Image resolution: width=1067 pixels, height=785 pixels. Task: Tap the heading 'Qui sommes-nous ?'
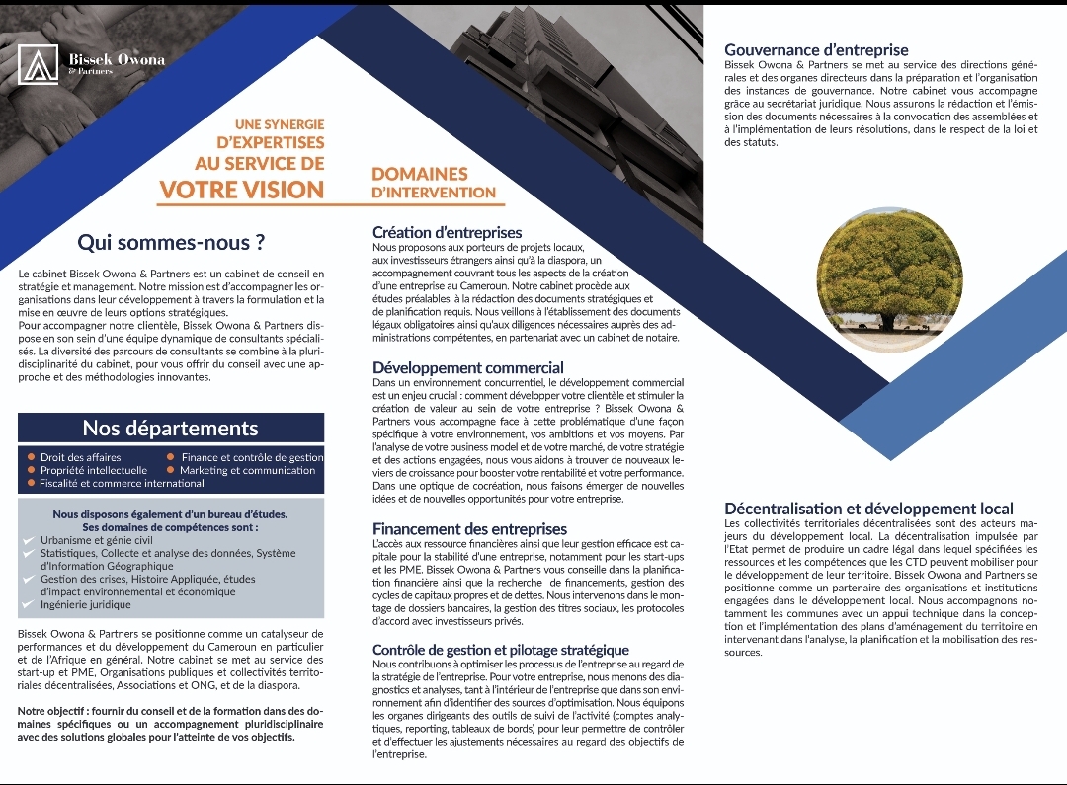click(x=171, y=242)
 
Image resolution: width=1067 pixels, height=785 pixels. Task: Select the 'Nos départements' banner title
click(x=170, y=428)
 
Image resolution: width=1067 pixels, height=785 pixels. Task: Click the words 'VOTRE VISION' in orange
click(x=241, y=189)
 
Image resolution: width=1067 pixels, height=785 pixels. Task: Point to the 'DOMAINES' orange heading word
click(x=419, y=174)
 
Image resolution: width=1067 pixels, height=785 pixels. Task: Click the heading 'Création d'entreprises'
click(x=447, y=233)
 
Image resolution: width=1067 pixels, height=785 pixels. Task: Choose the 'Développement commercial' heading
click(x=467, y=367)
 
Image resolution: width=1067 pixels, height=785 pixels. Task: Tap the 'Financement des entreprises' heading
click(x=469, y=529)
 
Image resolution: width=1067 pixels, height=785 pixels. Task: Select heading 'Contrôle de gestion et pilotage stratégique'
click(x=500, y=650)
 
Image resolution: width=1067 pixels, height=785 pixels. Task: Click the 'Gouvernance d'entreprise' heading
click(x=816, y=50)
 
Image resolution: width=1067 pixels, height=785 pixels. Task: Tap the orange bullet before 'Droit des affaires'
click(x=31, y=457)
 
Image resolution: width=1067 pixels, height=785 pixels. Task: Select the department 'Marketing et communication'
click(x=247, y=471)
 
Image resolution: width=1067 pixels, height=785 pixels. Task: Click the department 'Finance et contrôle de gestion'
click(x=252, y=457)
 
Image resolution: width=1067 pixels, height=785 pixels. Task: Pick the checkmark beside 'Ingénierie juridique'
click(x=29, y=604)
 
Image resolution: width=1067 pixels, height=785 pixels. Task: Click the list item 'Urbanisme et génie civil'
click(x=97, y=540)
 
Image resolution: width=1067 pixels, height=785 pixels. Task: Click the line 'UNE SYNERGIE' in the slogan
click(x=280, y=124)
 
